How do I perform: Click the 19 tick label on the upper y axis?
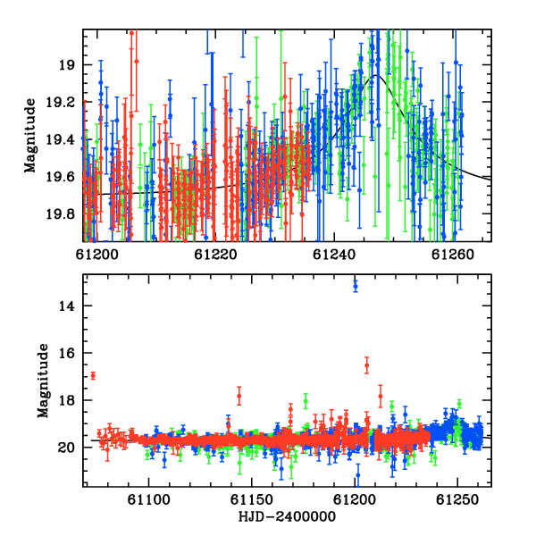click(x=66, y=65)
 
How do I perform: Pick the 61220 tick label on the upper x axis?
click(x=215, y=255)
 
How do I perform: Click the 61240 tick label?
click(x=334, y=255)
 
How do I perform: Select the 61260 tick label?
click(x=453, y=255)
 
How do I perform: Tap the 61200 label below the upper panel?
click(x=96, y=255)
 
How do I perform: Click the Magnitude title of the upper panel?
click(x=30, y=136)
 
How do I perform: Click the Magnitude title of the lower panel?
click(x=43, y=381)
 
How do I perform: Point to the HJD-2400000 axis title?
click(x=287, y=516)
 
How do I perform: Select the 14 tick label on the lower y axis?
click(x=67, y=306)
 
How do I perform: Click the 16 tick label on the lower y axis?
click(x=67, y=353)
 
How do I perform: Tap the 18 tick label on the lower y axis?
click(x=67, y=400)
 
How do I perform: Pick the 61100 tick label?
click(x=148, y=499)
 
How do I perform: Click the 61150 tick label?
click(x=252, y=499)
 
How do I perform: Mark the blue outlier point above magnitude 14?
click(x=356, y=286)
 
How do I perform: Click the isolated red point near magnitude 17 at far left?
click(x=93, y=376)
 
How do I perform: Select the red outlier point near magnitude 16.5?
click(x=367, y=365)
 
